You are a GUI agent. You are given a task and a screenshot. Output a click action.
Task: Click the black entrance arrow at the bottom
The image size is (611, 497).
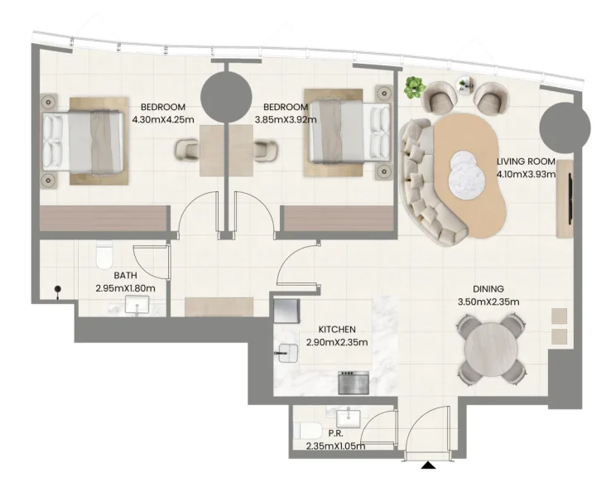(x=428, y=466)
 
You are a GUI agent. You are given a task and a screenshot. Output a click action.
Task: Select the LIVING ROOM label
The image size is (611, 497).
(x=525, y=162)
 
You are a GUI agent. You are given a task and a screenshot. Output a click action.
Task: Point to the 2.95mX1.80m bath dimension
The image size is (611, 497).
(x=125, y=288)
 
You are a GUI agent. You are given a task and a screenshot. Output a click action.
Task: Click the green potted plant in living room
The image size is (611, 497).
(x=414, y=86)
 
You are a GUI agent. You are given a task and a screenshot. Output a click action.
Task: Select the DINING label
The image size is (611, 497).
(x=488, y=289)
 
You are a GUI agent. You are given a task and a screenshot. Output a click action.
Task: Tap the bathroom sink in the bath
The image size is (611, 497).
(x=138, y=306)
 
